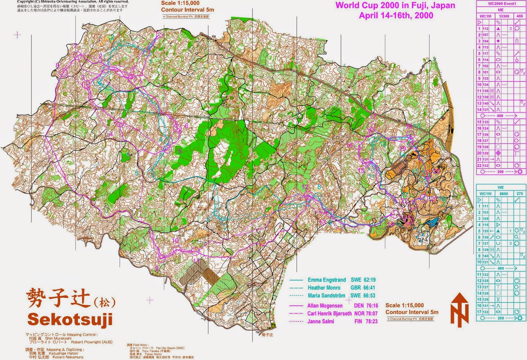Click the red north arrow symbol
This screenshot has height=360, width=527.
coord(459,310)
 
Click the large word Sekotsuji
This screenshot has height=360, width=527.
coord(70,319)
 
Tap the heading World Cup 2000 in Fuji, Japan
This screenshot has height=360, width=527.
coord(395,6)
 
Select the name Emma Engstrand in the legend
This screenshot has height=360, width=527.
coord(327,280)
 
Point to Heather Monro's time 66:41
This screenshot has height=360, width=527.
coord(369,288)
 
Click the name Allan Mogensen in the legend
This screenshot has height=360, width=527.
coord(325,306)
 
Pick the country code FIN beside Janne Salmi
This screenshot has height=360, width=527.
coord(358,321)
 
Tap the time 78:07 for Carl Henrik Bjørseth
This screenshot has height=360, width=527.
coord(372,314)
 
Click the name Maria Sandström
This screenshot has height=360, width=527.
coord(326,296)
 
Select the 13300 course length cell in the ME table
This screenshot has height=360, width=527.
coord(504,16)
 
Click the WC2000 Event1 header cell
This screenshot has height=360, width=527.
coord(502,4)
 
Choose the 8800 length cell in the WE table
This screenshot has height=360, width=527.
coord(504,194)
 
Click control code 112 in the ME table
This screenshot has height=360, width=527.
coord(485,29)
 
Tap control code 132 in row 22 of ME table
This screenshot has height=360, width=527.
coord(485,165)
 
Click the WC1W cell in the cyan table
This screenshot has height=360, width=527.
coord(485,194)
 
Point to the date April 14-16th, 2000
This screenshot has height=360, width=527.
coord(396,15)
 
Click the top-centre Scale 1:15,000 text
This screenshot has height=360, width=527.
coord(180,3)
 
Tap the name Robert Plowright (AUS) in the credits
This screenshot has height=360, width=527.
coord(92,342)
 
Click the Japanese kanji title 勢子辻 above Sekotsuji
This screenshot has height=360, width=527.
coord(58,297)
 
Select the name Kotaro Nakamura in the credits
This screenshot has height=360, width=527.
coord(68,357)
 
